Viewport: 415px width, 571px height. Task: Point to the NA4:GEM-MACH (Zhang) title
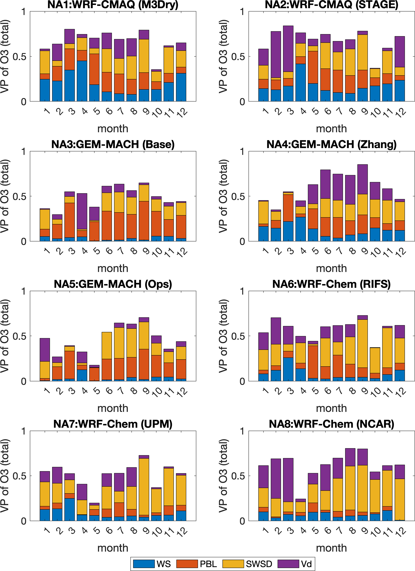(x=331, y=144)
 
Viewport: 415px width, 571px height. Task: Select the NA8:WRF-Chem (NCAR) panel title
(x=331, y=424)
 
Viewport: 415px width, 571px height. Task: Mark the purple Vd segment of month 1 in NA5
(x=45, y=350)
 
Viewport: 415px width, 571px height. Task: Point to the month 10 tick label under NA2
(x=376, y=112)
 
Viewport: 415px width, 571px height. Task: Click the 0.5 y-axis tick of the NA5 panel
(x=20, y=336)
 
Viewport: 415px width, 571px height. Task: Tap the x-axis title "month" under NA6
(x=331, y=408)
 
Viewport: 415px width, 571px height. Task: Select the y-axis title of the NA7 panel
(x=5, y=476)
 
